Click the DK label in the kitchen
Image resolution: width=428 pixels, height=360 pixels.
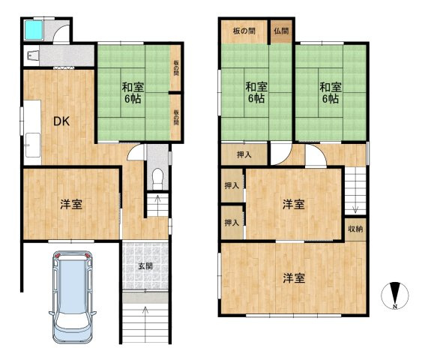(61, 121)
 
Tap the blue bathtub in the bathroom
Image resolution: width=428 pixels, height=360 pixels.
(34, 30)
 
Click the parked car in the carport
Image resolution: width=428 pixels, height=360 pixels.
(73, 297)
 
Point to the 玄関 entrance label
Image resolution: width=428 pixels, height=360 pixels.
(145, 265)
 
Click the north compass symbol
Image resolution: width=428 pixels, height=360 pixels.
(395, 295)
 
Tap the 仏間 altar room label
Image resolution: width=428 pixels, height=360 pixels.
(281, 31)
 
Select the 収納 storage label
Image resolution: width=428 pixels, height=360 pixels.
(355, 229)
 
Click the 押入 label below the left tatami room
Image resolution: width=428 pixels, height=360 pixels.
(244, 154)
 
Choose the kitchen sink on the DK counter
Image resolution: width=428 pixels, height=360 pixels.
(33, 145)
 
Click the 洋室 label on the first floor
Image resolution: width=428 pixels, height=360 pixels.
(71, 204)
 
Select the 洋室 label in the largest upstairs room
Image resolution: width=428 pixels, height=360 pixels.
(294, 278)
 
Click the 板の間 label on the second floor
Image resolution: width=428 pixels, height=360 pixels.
(244, 31)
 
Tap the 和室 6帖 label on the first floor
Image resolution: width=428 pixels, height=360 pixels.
(133, 93)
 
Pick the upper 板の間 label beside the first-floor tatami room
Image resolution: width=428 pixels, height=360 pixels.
(176, 67)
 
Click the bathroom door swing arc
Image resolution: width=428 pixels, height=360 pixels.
(60, 30)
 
